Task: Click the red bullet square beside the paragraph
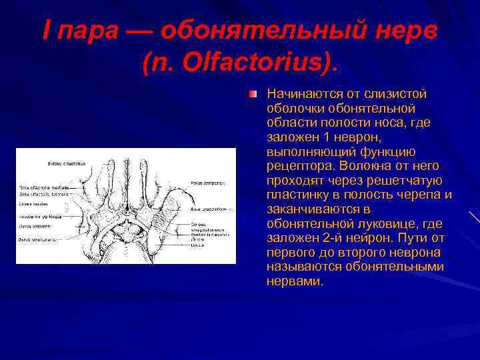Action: (x=253, y=95)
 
